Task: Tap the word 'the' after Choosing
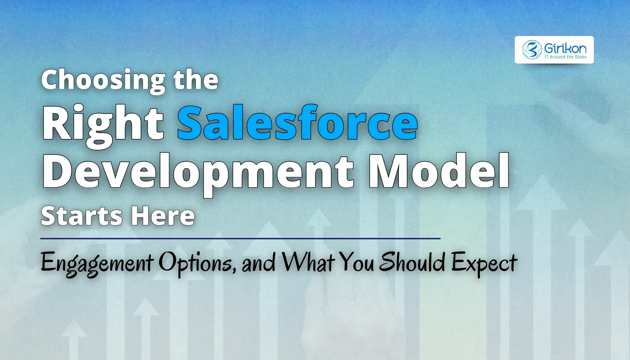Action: (x=196, y=80)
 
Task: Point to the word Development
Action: (x=198, y=172)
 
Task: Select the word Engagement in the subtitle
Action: (x=97, y=263)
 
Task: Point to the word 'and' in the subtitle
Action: (x=258, y=263)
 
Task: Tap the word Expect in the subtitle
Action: (x=484, y=263)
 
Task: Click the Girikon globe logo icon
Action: (x=532, y=50)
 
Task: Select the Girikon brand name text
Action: (x=565, y=48)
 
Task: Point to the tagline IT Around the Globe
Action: (x=565, y=57)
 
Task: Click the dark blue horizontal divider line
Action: (x=240, y=238)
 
